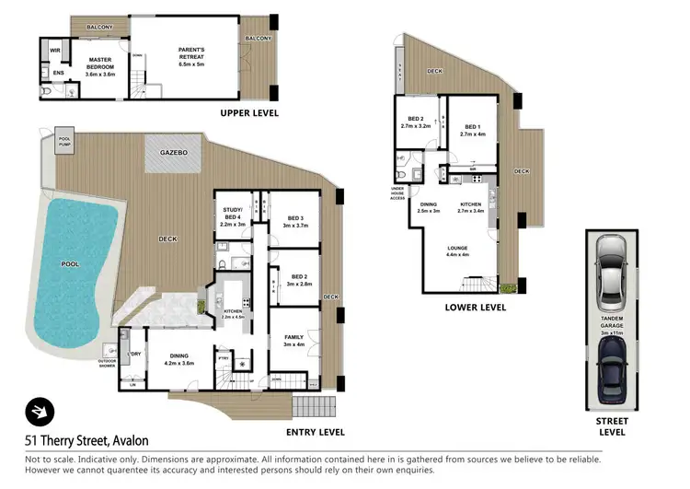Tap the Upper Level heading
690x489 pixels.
point(248,113)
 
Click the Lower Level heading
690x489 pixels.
point(475,308)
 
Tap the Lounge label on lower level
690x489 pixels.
point(457,248)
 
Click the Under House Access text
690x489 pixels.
point(397,193)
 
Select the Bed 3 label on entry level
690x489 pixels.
point(294,218)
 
